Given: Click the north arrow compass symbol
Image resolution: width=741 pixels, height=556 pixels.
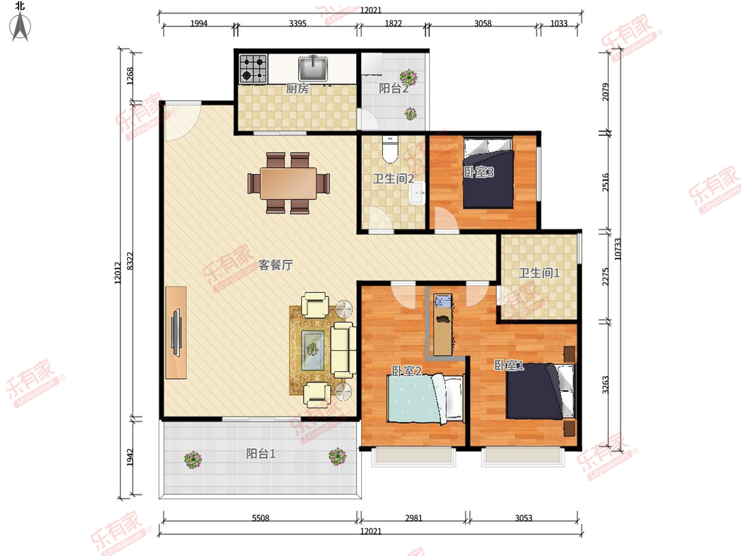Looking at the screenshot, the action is (x=20, y=27).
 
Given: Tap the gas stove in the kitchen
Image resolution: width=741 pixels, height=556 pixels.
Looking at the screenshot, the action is (x=253, y=69).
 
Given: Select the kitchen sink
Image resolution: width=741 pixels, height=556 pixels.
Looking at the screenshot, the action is (x=313, y=68).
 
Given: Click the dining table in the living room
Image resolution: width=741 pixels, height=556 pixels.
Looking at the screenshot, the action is (x=288, y=183).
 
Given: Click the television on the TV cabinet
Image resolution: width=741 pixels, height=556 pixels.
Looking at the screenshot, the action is (x=176, y=332).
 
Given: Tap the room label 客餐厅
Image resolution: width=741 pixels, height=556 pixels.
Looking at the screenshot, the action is (x=275, y=265).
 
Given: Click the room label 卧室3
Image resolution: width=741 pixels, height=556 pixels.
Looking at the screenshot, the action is (x=479, y=172).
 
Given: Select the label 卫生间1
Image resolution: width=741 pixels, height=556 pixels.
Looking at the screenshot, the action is (x=539, y=273).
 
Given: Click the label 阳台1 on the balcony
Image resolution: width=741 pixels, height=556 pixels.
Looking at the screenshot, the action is (x=261, y=453).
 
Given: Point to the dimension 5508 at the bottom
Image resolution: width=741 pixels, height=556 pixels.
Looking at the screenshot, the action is (x=261, y=518).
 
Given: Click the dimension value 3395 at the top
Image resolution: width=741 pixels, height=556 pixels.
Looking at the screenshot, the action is (x=298, y=23).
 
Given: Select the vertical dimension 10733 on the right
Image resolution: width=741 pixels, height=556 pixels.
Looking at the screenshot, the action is (x=617, y=249).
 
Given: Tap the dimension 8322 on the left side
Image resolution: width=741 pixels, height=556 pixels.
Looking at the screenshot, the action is (x=130, y=261).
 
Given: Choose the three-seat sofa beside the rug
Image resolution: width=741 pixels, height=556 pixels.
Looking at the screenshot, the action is (x=343, y=350).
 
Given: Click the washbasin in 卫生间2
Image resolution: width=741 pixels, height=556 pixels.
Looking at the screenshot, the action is (x=417, y=193).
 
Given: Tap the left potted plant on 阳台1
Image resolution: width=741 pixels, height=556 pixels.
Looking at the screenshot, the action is (x=193, y=460).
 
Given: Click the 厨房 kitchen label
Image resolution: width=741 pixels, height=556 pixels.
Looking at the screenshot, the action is (x=297, y=88).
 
